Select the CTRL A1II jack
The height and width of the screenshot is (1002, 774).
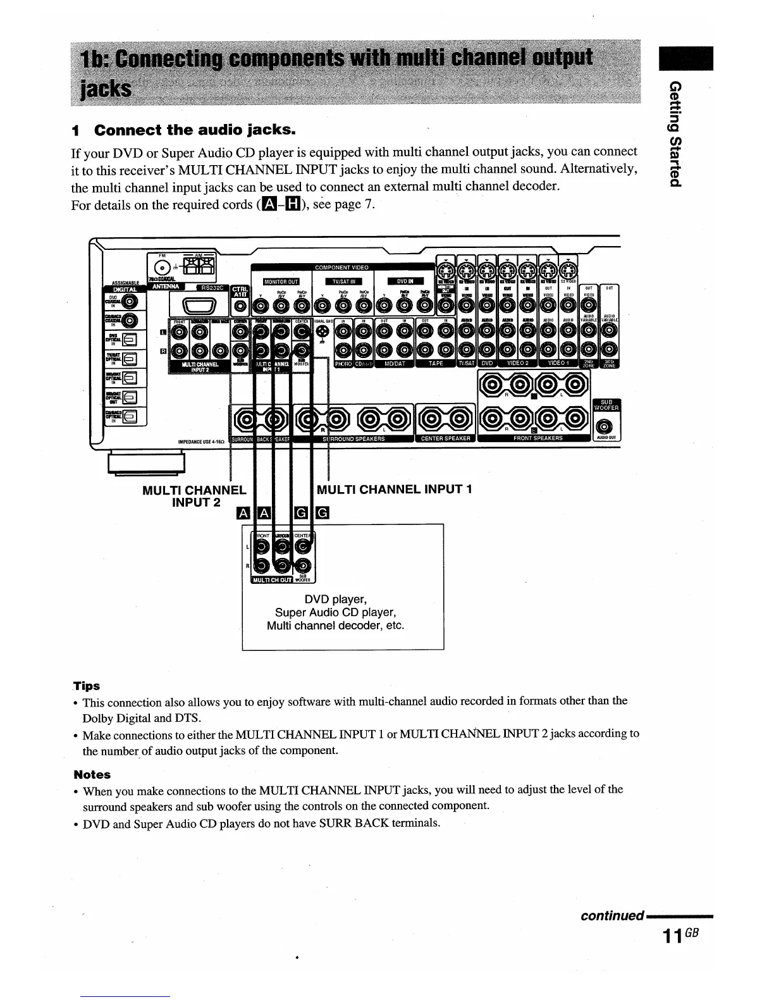click(241, 307)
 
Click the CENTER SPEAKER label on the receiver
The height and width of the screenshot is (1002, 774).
click(444, 438)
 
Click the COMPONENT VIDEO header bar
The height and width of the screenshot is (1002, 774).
click(341, 268)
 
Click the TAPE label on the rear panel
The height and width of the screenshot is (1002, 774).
click(436, 364)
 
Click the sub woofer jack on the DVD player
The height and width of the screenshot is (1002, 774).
click(304, 566)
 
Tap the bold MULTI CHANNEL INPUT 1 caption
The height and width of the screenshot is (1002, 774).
click(394, 489)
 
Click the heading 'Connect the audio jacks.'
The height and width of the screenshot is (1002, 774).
click(194, 131)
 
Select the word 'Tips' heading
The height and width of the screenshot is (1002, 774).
click(87, 686)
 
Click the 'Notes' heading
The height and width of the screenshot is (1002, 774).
click(92, 774)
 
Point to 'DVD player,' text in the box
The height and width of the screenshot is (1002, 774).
click(335, 599)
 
